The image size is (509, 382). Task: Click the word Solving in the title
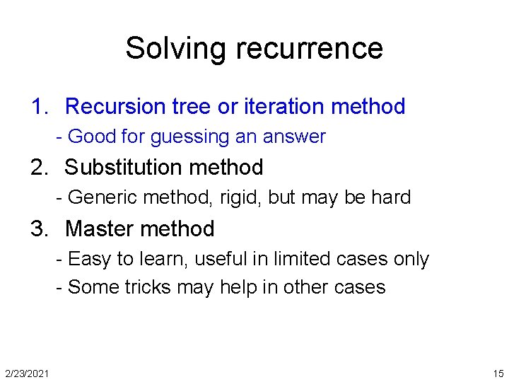click(177, 49)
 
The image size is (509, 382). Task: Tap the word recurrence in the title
click(310, 49)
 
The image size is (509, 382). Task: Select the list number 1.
click(39, 107)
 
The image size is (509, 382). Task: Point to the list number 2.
click(39, 168)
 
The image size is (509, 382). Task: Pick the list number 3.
click(39, 229)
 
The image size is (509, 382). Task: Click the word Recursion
click(114, 107)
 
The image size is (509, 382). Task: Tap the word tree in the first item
click(192, 107)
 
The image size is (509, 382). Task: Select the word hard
click(390, 197)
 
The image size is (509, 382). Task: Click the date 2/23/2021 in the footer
click(27, 373)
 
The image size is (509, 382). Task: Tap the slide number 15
click(498, 373)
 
